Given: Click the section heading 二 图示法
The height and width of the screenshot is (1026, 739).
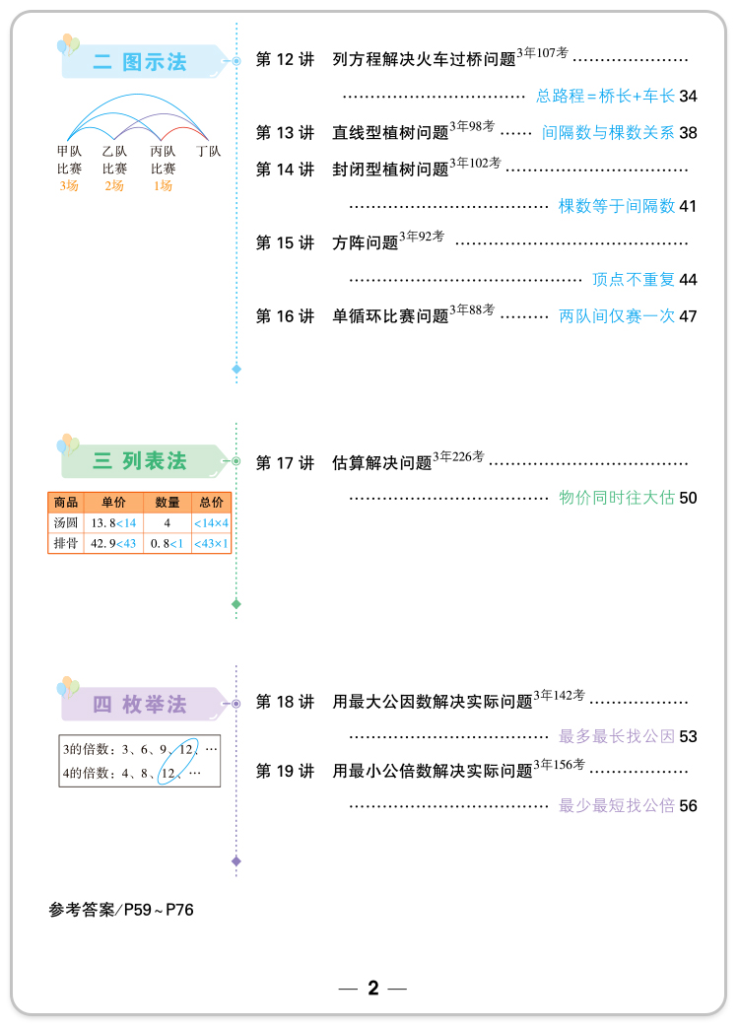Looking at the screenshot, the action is (140, 62).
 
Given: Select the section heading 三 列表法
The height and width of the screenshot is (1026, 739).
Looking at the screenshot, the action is (140, 461).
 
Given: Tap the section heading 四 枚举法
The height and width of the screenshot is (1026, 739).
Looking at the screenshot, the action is (140, 705).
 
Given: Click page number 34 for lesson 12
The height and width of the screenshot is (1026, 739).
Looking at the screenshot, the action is (688, 97).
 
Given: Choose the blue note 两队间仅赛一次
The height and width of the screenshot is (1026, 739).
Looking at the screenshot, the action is (617, 316).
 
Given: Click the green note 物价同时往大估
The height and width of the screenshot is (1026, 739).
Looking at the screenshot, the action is (617, 498).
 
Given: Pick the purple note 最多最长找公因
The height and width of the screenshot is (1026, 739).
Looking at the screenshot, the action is (617, 736).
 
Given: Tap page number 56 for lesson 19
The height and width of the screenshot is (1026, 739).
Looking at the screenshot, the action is (688, 806).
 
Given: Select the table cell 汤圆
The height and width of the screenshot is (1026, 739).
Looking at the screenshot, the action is (65, 523).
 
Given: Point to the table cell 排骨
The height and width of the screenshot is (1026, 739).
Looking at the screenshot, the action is (65, 543).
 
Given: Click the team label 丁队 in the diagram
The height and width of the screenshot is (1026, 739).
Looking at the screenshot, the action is (208, 152).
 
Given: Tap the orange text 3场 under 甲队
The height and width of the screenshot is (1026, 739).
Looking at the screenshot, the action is (69, 186).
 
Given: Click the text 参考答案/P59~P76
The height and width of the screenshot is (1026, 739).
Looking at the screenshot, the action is (121, 910).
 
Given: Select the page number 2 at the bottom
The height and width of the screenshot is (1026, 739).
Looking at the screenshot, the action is (372, 989).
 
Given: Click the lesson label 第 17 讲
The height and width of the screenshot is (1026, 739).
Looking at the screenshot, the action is (285, 463).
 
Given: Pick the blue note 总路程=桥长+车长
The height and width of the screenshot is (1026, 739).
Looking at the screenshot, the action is (605, 97).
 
